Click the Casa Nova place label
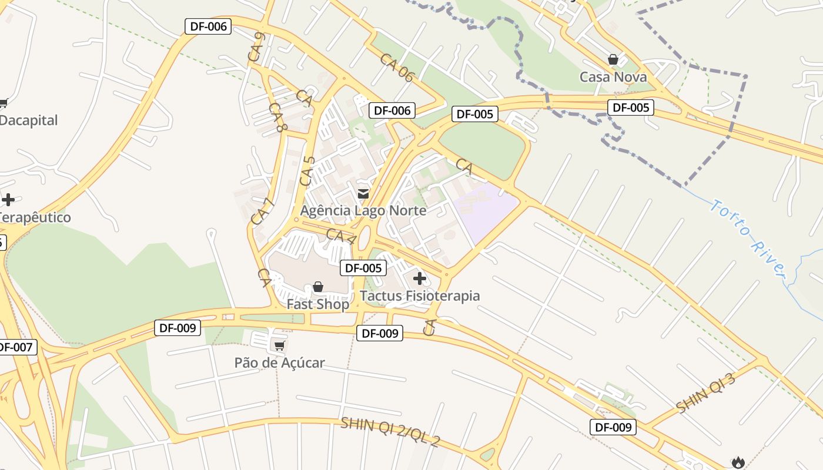613,77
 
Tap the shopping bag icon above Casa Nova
613,59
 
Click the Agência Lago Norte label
363,210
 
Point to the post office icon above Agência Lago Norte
363,193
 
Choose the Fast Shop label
317,304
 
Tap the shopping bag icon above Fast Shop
318,287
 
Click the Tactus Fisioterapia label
420,296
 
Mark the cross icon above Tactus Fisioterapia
419,278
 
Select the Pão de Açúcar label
279,362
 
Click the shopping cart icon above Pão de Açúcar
279,345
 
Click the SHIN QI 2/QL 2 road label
390,432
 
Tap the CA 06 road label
397,67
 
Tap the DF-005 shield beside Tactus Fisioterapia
364,268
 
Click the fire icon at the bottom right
738,462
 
